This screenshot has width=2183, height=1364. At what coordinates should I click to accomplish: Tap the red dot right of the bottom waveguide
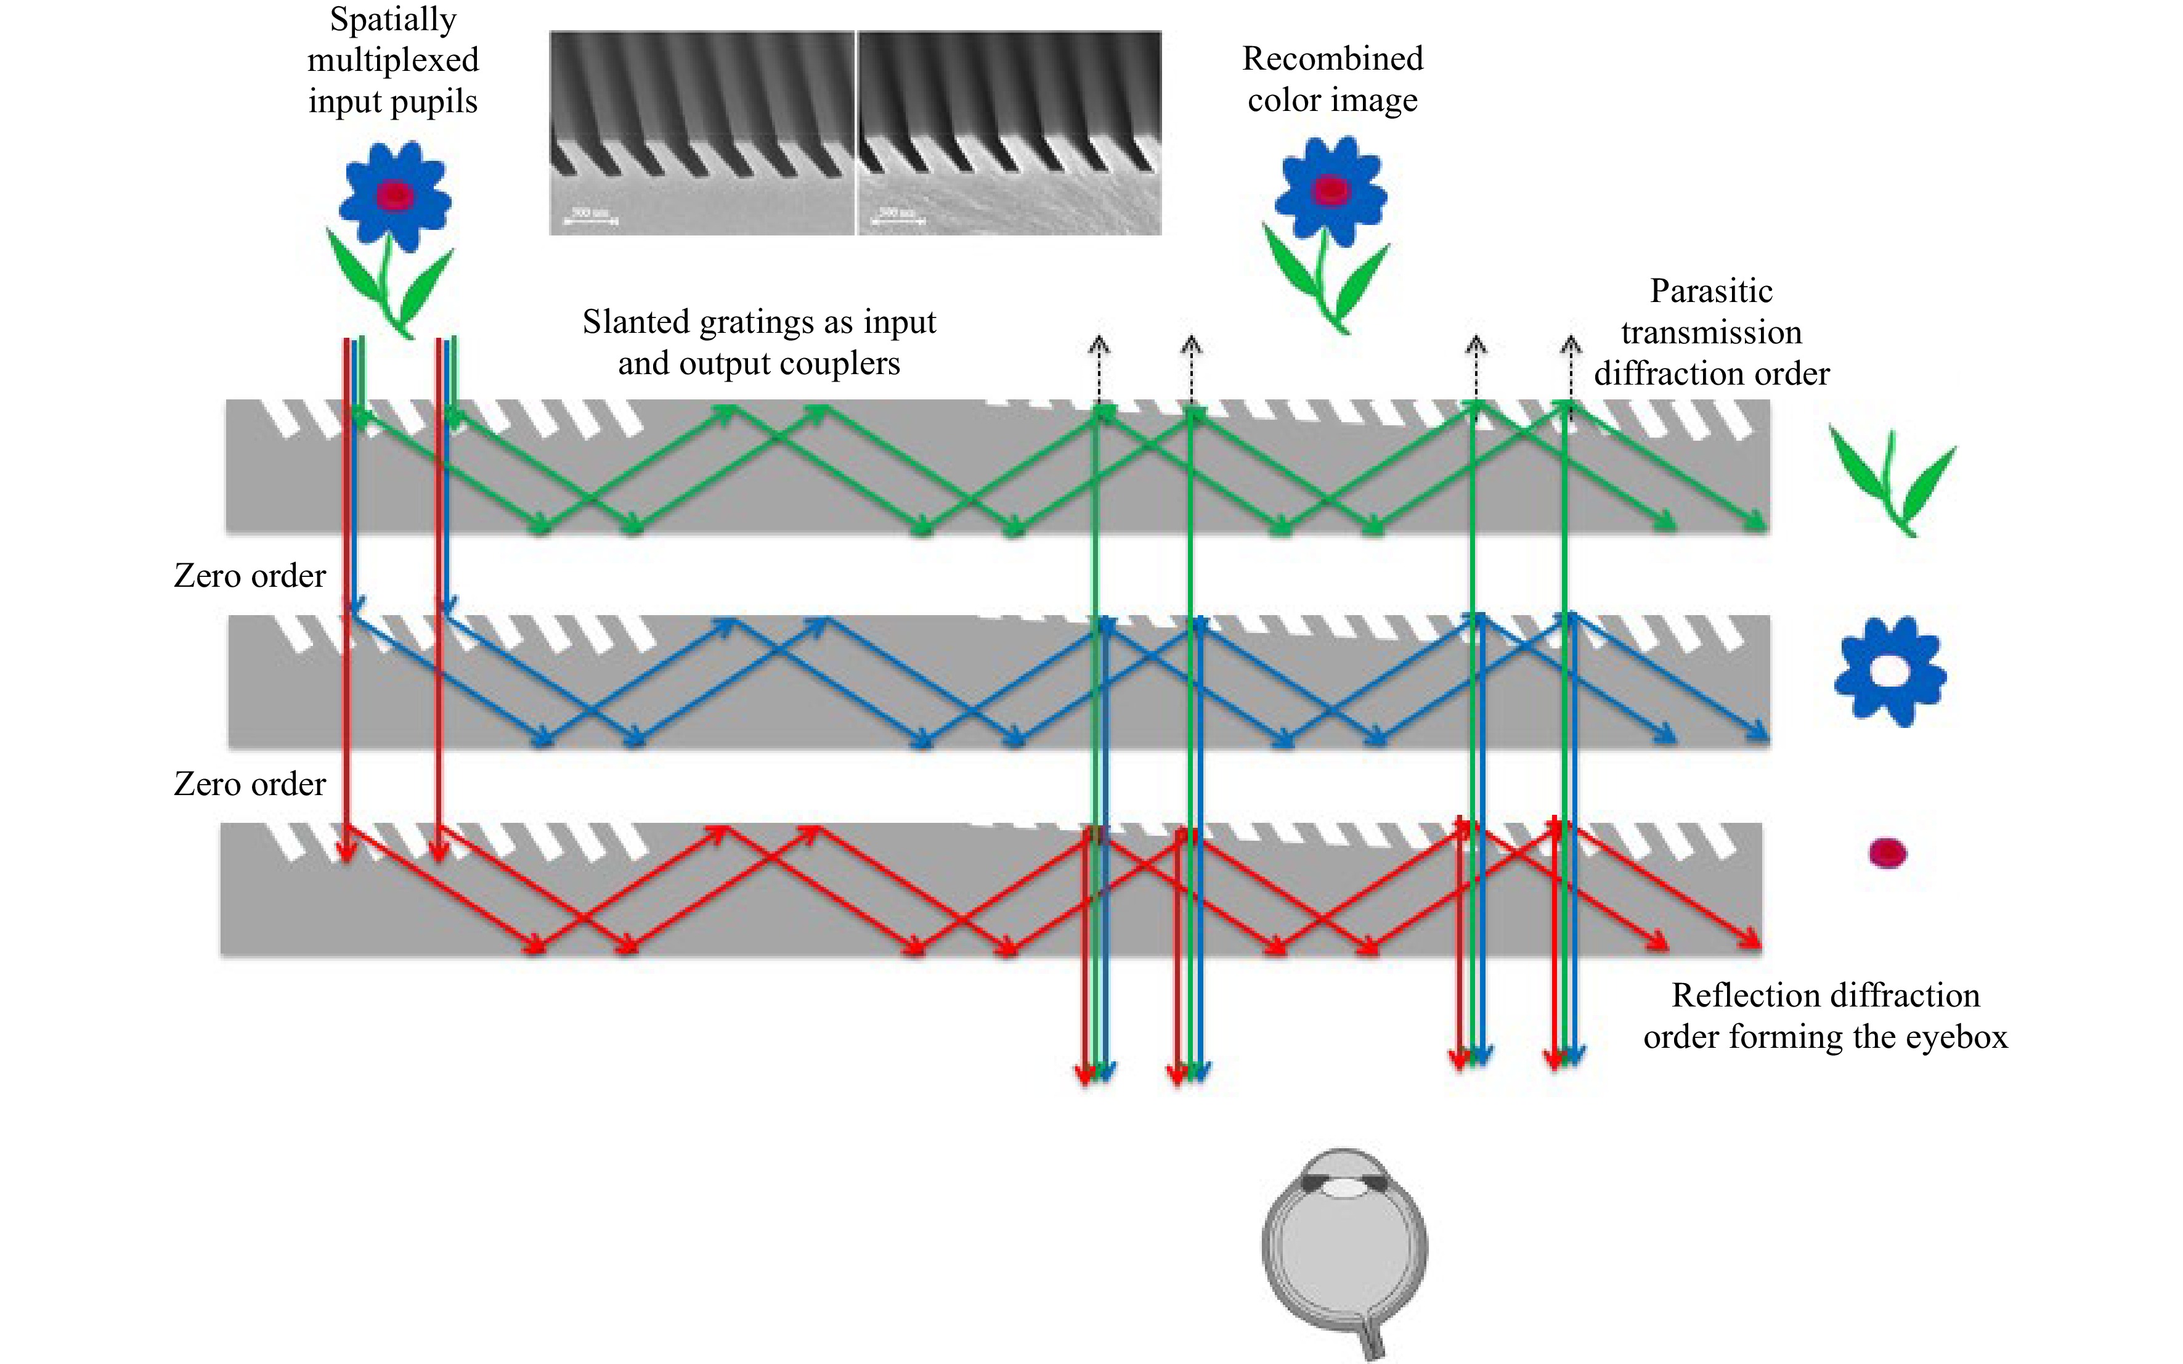coord(1887,852)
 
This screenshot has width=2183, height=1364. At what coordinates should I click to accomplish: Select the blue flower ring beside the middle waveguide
coord(1890,672)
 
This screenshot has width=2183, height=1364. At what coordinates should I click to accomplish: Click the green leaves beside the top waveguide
coord(1892,483)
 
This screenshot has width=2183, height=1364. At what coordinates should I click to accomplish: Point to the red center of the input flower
coord(394,195)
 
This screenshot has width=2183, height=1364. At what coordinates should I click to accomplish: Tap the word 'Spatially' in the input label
coord(393,19)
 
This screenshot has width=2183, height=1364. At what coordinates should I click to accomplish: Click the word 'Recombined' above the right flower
coord(1332,59)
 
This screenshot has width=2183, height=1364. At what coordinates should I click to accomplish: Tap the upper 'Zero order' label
coord(250,576)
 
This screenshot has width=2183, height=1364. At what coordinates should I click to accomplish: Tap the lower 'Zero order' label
coord(250,784)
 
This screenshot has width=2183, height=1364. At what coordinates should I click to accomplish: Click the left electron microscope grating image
coord(702,133)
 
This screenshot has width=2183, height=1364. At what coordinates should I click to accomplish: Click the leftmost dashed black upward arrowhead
coord(1098,343)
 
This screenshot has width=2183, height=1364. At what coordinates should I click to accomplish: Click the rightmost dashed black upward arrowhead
coord(1571,343)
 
